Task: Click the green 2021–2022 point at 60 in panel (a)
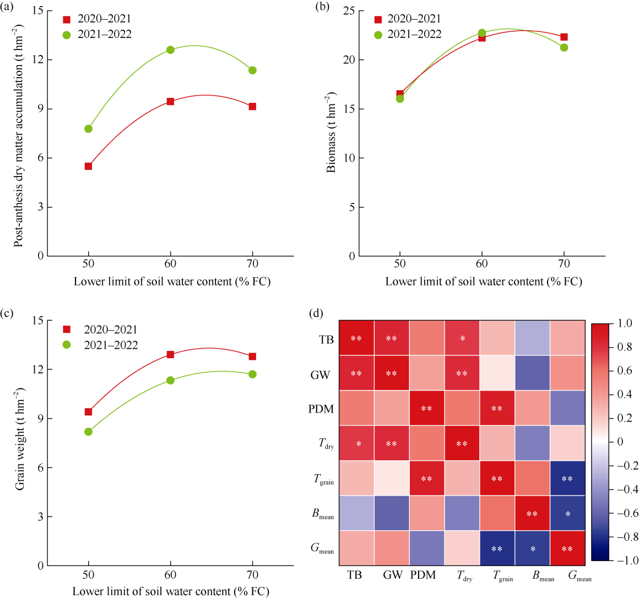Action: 170,50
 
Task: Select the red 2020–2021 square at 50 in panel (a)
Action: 88,166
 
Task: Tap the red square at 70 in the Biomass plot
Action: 564,37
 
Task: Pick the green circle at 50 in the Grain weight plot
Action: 88,432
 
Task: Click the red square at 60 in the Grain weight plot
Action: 170,355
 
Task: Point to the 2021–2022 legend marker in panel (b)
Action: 378,35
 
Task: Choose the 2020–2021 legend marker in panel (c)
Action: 67,329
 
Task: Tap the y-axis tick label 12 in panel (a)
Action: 37,59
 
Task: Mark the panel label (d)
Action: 317,314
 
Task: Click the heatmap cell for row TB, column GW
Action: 391,339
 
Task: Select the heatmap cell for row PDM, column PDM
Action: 426,408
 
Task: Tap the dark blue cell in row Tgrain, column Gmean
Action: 567,479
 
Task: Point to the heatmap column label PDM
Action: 423,575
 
